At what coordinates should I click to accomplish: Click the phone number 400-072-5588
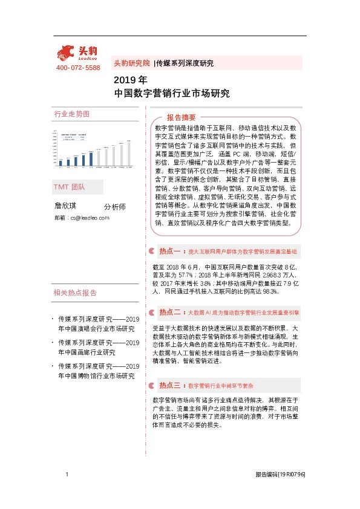pos(77,68)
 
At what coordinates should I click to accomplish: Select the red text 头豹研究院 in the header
pos(131,63)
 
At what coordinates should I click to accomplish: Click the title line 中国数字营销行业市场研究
pos(172,94)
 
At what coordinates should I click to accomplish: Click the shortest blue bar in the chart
pos(61,162)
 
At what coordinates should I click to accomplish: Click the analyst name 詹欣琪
pos(67,206)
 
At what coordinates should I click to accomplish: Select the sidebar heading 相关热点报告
pos(75,293)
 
